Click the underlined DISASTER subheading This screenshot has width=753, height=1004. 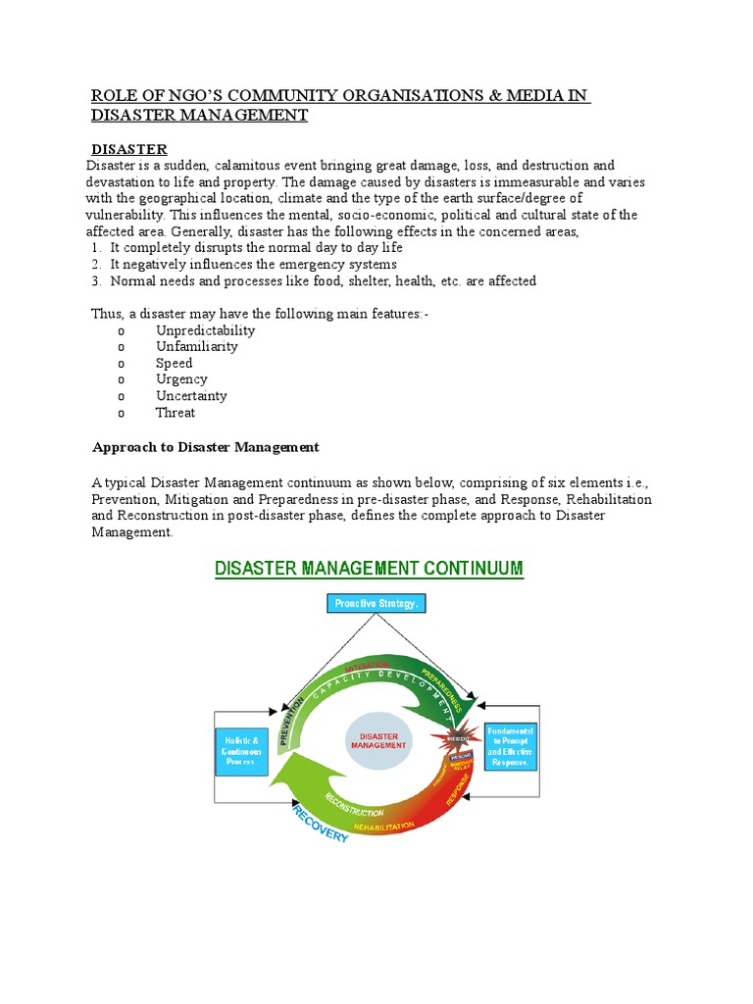[x=129, y=149]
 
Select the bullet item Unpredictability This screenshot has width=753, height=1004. [x=205, y=330]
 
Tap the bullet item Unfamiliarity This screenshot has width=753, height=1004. [x=196, y=346]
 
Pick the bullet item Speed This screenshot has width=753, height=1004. [x=174, y=363]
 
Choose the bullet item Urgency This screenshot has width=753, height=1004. [x=181, y=379]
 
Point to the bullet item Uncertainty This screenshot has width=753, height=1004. [x=191, y=396]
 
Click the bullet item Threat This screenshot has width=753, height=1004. [x=176, y=413]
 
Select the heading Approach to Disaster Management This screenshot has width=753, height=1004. [x=205, y=447]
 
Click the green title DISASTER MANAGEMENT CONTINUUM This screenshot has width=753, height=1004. [x=369, y=569]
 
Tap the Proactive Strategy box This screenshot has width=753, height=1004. [x=376, y=604]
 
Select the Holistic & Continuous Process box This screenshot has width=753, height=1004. [x=240, y=750]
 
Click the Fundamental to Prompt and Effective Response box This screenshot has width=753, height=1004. [x=511, y=746]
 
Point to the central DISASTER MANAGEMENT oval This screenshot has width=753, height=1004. [x=378, y=739]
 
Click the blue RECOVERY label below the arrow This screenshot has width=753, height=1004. [x=320, y=828]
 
